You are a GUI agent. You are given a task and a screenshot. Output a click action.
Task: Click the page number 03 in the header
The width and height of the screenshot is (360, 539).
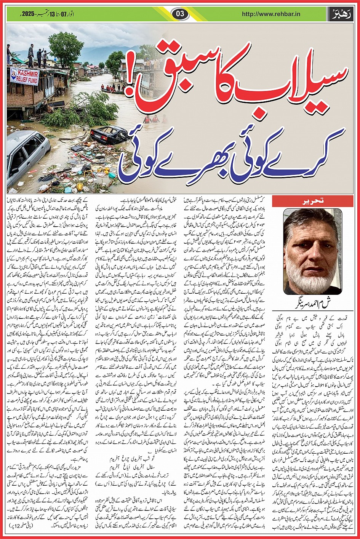tap(180, 14)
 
